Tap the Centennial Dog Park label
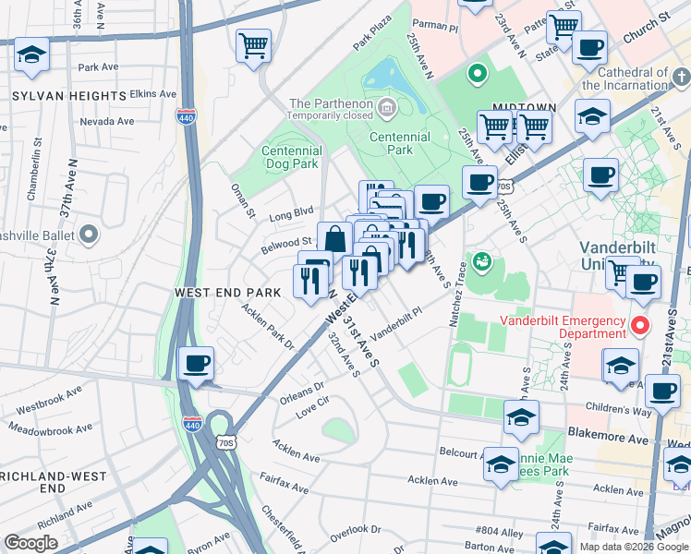[x=291, y=158]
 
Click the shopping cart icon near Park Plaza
[x=253, y=46]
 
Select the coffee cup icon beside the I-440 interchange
[x=196, y=364]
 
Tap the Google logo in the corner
[x=31, y=543]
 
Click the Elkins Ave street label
[x=153, y=93]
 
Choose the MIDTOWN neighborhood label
[x=524, y=108]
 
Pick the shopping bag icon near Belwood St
[x=333, y=238]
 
